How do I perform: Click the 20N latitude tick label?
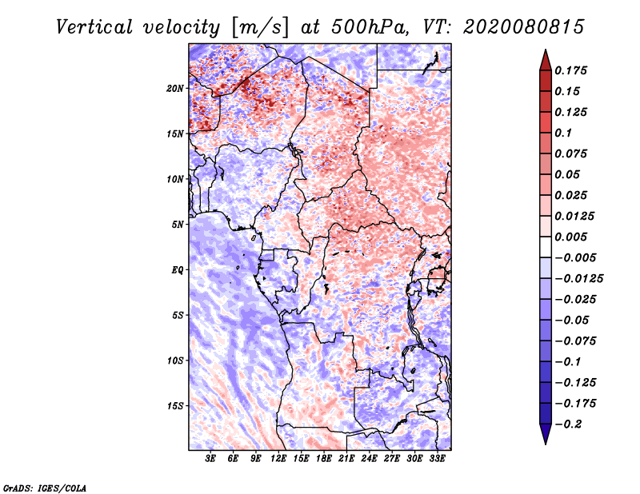175,88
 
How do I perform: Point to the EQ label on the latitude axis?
178,269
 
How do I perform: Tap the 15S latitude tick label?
175,405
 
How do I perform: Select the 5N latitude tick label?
178,224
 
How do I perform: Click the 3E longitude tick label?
211,459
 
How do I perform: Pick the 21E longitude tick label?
346,459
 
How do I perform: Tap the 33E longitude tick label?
437,459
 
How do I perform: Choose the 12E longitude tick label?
278,459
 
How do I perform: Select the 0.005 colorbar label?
573,237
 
